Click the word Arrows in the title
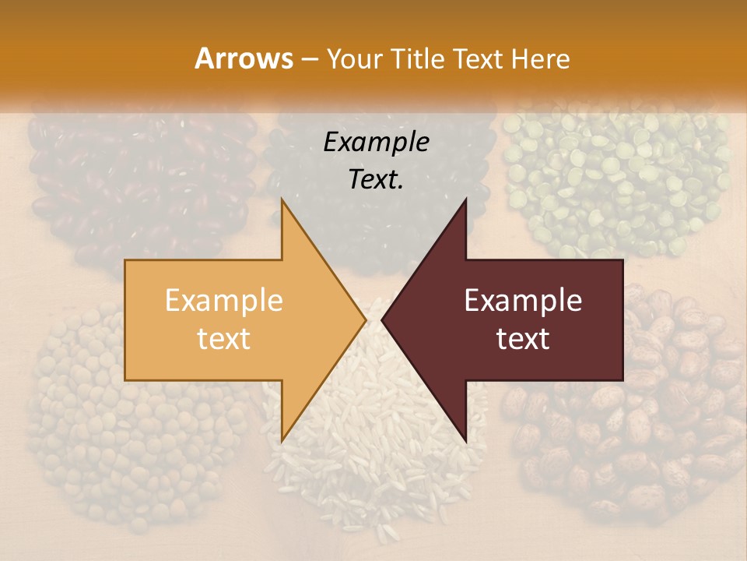click(244, 58)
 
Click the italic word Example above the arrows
click(376, 143)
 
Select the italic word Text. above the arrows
click(376, 179)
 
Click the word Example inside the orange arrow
click(223, 301)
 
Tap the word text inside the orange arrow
click(223, 339)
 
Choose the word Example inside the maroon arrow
click(523, 301)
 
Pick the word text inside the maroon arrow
click(523, 339)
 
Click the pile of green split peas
click(615, 179)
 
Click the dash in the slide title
click(310, 60)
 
